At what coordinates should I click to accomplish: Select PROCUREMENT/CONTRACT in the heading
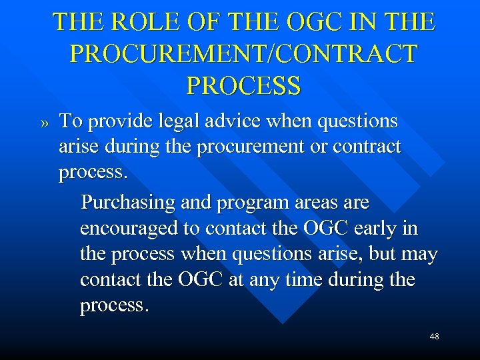pos(243,54)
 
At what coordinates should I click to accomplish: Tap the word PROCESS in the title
pos(243,85)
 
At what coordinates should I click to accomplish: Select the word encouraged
pos(129,229)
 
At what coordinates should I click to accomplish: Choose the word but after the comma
pos(379,254)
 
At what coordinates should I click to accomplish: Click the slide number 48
pos(434,337)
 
